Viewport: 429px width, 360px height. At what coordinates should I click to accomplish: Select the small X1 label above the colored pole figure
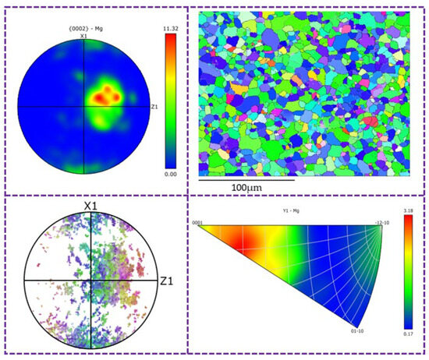click(83, 37)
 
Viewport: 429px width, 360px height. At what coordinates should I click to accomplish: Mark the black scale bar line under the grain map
click(246, 179)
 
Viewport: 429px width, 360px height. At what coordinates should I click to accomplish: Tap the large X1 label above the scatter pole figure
click(92, 206)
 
